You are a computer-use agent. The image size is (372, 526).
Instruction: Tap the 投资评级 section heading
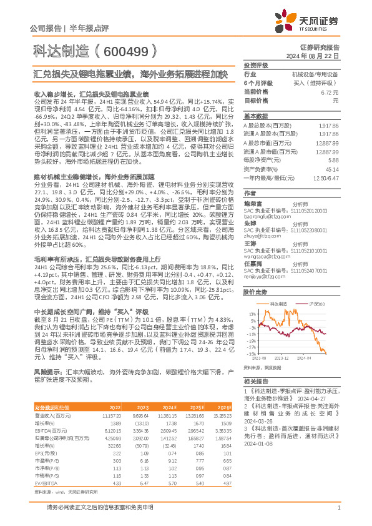(256, 65)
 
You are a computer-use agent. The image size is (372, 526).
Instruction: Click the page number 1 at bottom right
(338, 509)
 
